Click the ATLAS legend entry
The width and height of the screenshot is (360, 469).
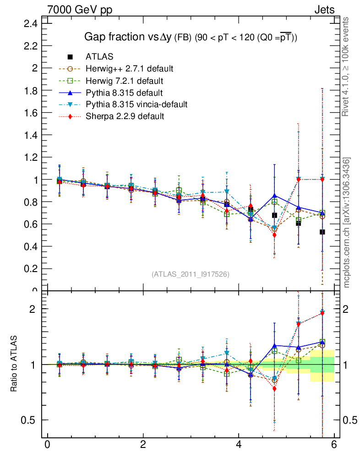click(99, 57)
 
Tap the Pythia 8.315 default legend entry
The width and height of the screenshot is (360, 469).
click(124, 93)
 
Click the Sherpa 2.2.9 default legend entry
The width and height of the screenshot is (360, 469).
click(125, 116)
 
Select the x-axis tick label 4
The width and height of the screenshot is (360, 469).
click(239, 445)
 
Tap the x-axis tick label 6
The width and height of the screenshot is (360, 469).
click(334, 445)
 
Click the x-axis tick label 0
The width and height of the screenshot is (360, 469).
click(47, 445)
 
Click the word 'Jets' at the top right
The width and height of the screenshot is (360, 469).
click(324, 10)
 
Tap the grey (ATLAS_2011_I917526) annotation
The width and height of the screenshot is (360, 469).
click(191, 274)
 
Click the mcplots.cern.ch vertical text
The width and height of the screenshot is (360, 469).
click(347, 223)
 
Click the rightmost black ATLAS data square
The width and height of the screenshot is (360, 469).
click(322, 232)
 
